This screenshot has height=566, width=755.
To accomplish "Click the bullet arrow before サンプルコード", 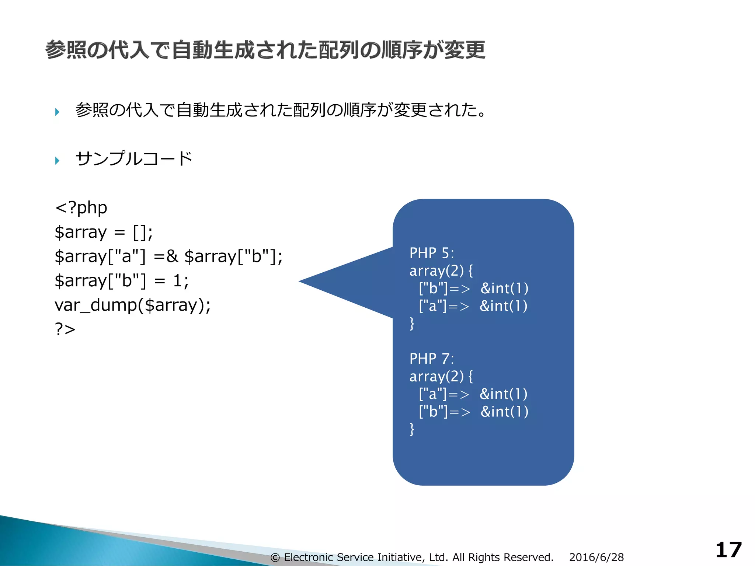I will pos(57,161).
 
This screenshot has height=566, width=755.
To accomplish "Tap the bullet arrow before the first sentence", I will pos(57,112).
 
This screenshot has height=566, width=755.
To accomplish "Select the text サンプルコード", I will pos(133,159).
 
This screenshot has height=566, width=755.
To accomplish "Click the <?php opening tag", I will pos(81,208).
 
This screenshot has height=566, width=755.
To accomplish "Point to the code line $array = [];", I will pos(104,232).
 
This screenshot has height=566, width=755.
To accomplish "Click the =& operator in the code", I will pos(166,256).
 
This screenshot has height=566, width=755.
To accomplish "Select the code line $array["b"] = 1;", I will pos(122,281).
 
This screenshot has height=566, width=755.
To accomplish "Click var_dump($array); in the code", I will pos(133,305).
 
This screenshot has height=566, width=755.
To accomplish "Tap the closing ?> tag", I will pos(65,329).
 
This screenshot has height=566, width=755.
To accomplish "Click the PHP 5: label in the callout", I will pos(432,253).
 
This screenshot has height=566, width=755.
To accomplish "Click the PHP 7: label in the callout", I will pos(432,359).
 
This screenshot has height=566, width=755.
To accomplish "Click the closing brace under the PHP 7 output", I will pos(412,429).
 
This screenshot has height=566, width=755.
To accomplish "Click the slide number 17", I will pos(728,550).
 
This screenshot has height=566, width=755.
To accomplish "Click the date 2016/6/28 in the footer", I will pos(596,557).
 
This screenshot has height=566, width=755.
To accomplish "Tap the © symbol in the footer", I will pos(275,558).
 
